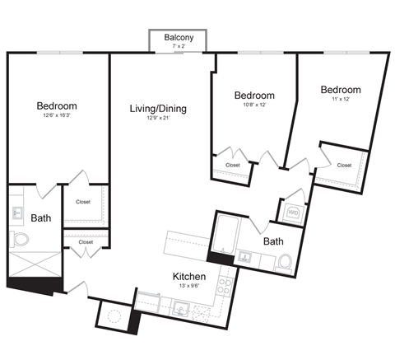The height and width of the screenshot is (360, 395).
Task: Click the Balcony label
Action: click(179, 38)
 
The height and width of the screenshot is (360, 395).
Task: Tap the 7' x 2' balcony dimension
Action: click(179, 48)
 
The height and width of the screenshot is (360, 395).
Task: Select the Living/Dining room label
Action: click(158, 108)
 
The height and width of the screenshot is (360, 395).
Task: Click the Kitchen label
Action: click(188, 276)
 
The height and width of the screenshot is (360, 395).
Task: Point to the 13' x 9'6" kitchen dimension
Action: click(188, 288)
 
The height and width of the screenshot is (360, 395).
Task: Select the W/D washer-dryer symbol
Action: click(292, 213)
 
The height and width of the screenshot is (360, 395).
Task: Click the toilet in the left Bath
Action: click(21, 240)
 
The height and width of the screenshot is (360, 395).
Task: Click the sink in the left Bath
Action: click(18, 213)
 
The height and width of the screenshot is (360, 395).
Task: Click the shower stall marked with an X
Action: click(33, 265)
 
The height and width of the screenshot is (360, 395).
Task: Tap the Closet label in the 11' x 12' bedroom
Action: click(344, 165)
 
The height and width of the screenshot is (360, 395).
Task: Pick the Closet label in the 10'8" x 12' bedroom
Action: click(233, 165)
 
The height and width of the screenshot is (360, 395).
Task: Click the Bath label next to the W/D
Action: click(273, 241)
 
